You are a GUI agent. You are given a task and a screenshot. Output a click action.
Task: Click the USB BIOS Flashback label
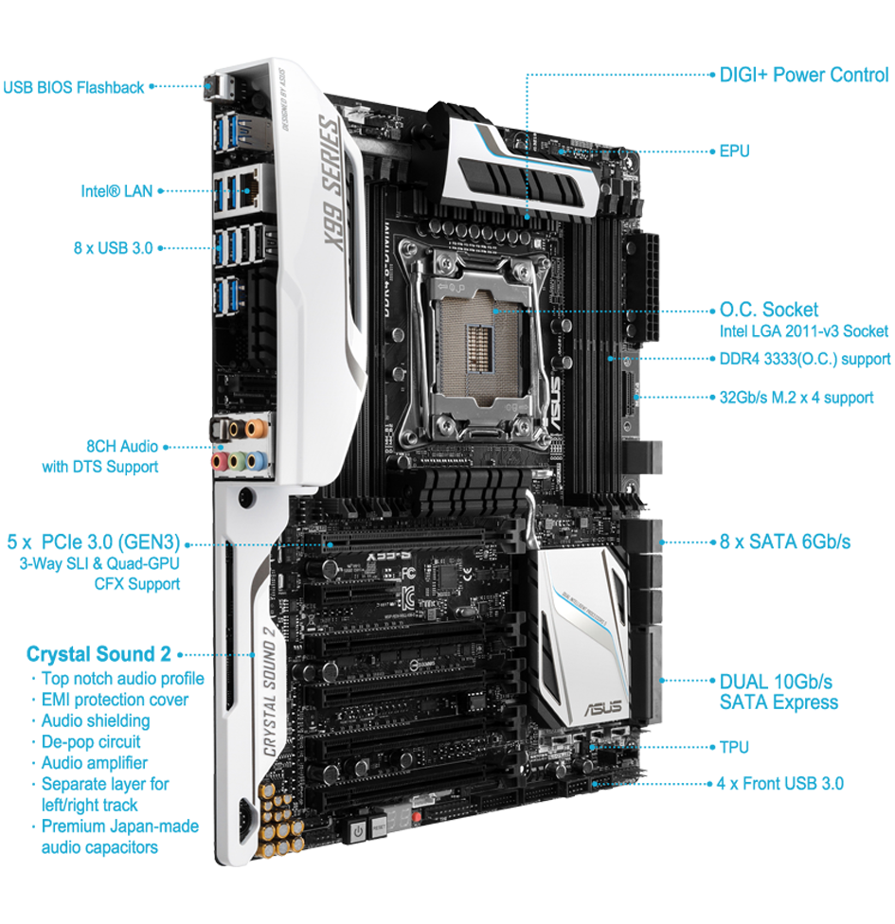pyautogui.click(x=73, y=88)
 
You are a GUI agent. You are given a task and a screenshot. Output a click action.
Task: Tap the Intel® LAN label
pyautogui.click(x=116, y=191)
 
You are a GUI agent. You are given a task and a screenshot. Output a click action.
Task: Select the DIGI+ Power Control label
pyautogui.click(x=804, y=75)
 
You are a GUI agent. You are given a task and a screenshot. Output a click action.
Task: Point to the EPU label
pyautogui.click(x=734, y=151)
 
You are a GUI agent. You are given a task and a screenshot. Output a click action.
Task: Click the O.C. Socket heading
pyautogui.click(x=769, y=310)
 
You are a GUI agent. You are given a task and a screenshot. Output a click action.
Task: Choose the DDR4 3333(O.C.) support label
pyautogui.click(x=805, y=359)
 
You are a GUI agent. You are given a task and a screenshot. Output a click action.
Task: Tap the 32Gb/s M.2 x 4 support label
pyautogui.click(x=797, y=398)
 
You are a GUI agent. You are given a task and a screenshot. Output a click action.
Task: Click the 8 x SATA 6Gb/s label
pyautogui.click(x=785, y=542)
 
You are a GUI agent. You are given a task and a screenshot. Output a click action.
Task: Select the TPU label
pyautogui.click(x=734, y=747)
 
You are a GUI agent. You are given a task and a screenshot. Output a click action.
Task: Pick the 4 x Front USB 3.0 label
pyautogui.click(x=780, y=784)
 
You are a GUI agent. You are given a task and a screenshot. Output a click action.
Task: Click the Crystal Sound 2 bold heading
pyautogui.click(x=98, y=654)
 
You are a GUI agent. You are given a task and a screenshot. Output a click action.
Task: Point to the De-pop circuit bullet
pyautogui.click(x=91, y=742)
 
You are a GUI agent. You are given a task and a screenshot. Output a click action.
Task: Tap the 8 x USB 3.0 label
pyautogui.click(x=114, y=248)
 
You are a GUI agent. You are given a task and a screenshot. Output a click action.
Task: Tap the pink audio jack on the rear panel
pyautogui.click(x=220, y=460)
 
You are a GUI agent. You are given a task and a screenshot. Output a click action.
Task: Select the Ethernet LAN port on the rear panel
pyautogui.click(x=251, y=188)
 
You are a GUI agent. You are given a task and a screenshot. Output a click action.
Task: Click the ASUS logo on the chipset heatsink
pyautogui.click(x=602, y=707)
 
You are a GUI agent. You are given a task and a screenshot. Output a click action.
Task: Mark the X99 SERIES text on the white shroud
pyautogui.click(x=331, y=183)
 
